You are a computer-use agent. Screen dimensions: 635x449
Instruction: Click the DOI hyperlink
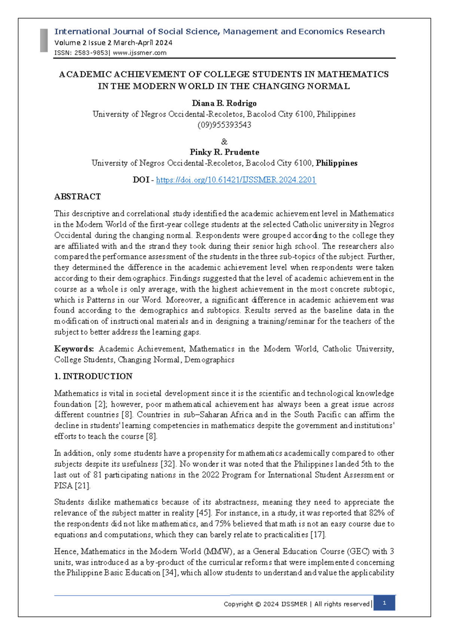(236, 180)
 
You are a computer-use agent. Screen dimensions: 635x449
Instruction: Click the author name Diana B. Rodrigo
(224, 103)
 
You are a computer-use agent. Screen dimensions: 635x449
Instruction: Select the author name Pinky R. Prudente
(224, 152)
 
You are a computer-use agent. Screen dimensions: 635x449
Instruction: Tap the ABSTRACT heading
(77, 197)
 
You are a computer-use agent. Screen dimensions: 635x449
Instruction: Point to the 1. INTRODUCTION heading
(93, 376)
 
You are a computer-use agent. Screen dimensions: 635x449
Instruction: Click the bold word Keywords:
(74, 349)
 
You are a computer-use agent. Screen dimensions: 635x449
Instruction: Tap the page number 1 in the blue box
(384, 603)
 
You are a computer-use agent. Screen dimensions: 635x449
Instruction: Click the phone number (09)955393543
(224, 125)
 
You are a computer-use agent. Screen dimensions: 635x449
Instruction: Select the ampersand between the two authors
(224, 142)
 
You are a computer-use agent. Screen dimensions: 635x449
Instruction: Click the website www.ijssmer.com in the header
(140, 53)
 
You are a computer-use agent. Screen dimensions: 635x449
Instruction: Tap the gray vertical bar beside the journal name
(44, 40)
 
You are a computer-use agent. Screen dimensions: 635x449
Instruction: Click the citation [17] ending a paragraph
(318, 534)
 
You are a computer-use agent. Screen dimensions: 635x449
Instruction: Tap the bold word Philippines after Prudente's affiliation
(336, 163)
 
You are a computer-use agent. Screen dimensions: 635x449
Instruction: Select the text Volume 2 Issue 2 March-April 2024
(113, 43)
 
